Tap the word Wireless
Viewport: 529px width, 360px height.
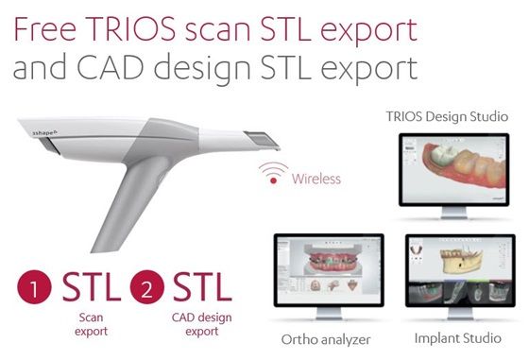316,178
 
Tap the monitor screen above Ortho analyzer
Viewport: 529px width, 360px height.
327,274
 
